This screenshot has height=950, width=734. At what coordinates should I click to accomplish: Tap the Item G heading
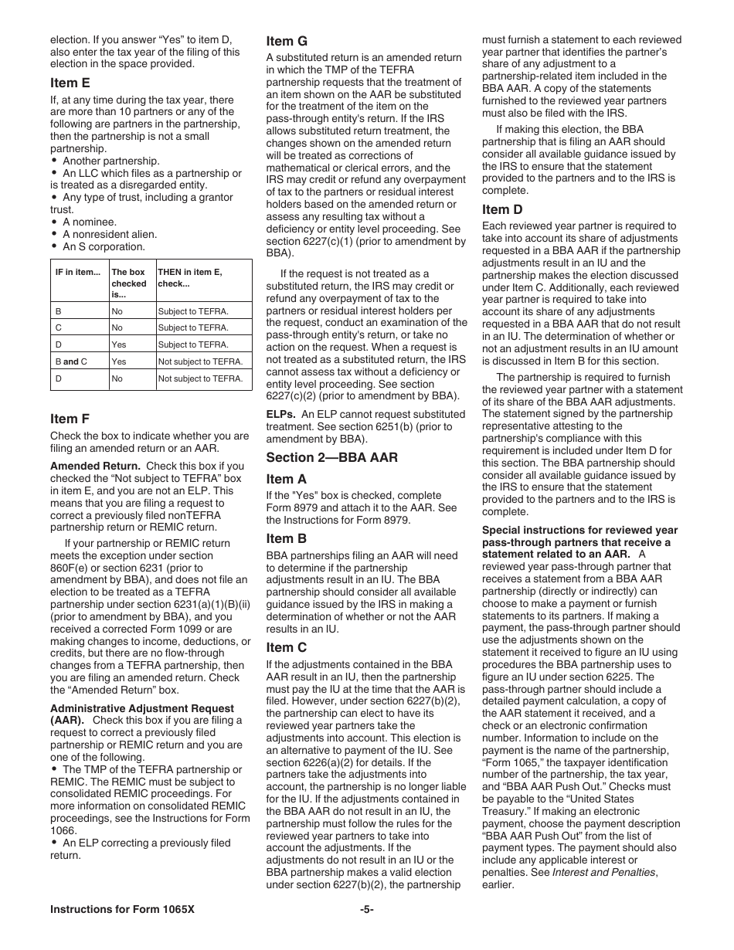click(x=287, y=41)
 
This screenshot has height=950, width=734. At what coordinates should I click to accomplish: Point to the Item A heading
click(x=287, y=479)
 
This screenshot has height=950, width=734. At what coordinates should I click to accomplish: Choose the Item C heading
click(x=287, y=647)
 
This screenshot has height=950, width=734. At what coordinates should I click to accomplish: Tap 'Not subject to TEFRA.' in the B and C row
click(x=200, y=361)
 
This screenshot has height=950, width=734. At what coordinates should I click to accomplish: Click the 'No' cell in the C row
click(x=117, y=327)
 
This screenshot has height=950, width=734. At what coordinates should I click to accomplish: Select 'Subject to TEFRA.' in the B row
click(x=193, y=311)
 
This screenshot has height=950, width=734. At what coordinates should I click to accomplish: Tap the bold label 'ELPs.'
click(x=281, y=414)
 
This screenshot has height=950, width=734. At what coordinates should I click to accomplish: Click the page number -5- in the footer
click(x=367, y=910)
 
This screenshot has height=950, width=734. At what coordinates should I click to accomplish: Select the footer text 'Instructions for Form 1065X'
click(x=122, y=910)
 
